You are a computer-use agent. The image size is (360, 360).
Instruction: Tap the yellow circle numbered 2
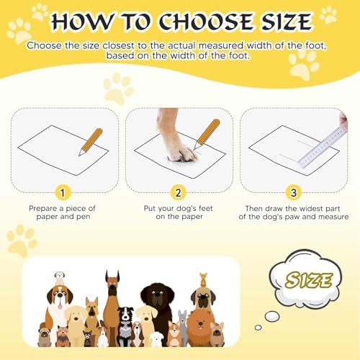pos(179,192)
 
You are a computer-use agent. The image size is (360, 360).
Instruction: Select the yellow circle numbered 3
pos(293,192)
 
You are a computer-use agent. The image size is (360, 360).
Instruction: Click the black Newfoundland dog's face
pos(154,296)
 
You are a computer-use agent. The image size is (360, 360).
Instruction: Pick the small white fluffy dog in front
pos(157,338)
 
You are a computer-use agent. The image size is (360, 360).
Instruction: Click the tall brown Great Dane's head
pos(112,282)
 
